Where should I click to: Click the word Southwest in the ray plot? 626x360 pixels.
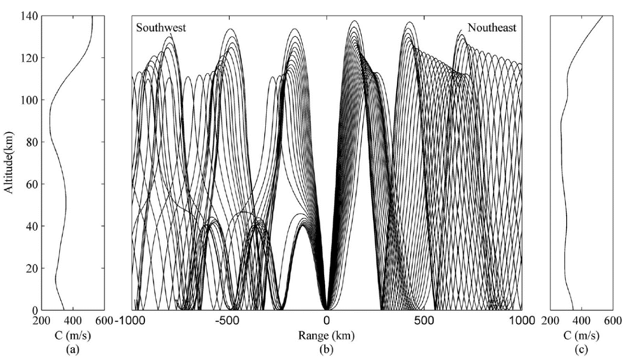[161, 27]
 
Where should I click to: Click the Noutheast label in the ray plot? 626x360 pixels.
[492, 27]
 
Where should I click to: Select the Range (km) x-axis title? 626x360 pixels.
[326, 335]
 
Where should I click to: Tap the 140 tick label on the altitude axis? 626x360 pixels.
[28, 16]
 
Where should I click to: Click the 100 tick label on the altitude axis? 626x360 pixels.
[28, 100]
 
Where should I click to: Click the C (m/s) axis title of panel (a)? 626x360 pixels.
[73, 335]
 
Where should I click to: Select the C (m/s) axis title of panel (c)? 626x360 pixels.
[581, 335]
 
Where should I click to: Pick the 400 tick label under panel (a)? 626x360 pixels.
[73, 321]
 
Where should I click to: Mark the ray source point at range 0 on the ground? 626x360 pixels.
[327, 309]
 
